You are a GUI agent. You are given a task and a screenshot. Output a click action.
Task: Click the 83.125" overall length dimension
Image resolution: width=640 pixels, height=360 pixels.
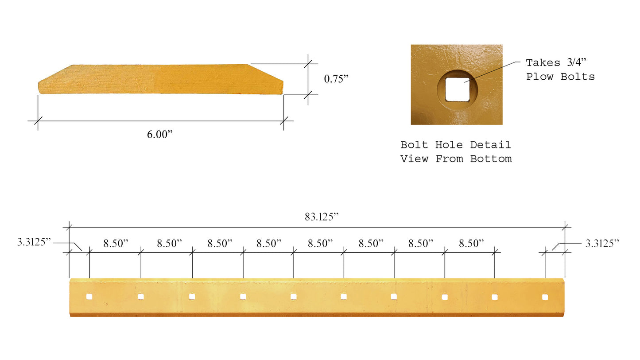(x=321, y=217)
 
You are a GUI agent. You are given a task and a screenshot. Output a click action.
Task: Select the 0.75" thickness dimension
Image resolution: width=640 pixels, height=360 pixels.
(x=336, y=79)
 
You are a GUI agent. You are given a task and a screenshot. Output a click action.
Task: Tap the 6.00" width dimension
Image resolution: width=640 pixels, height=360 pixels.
(x=159, y=135)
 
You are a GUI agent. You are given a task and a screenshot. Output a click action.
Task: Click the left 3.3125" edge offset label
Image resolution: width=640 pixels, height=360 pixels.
(x=35, y=242)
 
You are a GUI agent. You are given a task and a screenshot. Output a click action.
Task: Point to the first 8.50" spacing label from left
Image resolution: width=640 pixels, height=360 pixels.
(x=116, y=243)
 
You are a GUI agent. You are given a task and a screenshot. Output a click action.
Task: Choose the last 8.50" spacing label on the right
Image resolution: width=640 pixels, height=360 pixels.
(x=471, y=243)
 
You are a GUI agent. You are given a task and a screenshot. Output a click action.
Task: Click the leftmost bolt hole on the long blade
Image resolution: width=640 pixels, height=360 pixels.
(x=89, y=296)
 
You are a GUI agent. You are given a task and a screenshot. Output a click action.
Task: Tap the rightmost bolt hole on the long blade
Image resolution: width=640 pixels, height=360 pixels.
(x=545, y=297)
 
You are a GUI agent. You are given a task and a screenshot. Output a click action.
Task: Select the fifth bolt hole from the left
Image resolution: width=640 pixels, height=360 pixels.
(x=294, y=296)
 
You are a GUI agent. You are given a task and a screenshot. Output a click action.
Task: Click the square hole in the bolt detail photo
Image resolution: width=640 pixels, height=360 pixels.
(x=457, y=89)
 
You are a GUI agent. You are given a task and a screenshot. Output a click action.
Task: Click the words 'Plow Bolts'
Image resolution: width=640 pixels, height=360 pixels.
(x=560, y=77)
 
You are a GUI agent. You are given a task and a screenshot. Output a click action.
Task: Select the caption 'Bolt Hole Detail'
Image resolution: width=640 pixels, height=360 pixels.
(x=455, y=145)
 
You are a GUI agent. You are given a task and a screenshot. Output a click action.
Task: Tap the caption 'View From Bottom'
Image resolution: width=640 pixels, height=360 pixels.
(x=456, y=159)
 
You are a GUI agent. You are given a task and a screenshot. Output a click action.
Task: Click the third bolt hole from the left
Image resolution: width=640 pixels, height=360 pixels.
(x=192, y=296)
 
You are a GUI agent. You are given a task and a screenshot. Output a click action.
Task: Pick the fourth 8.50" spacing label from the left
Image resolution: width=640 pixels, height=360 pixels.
(x=269, y=243)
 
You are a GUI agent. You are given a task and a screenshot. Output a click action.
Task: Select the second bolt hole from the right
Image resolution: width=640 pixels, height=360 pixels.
(x=495, y=297)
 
